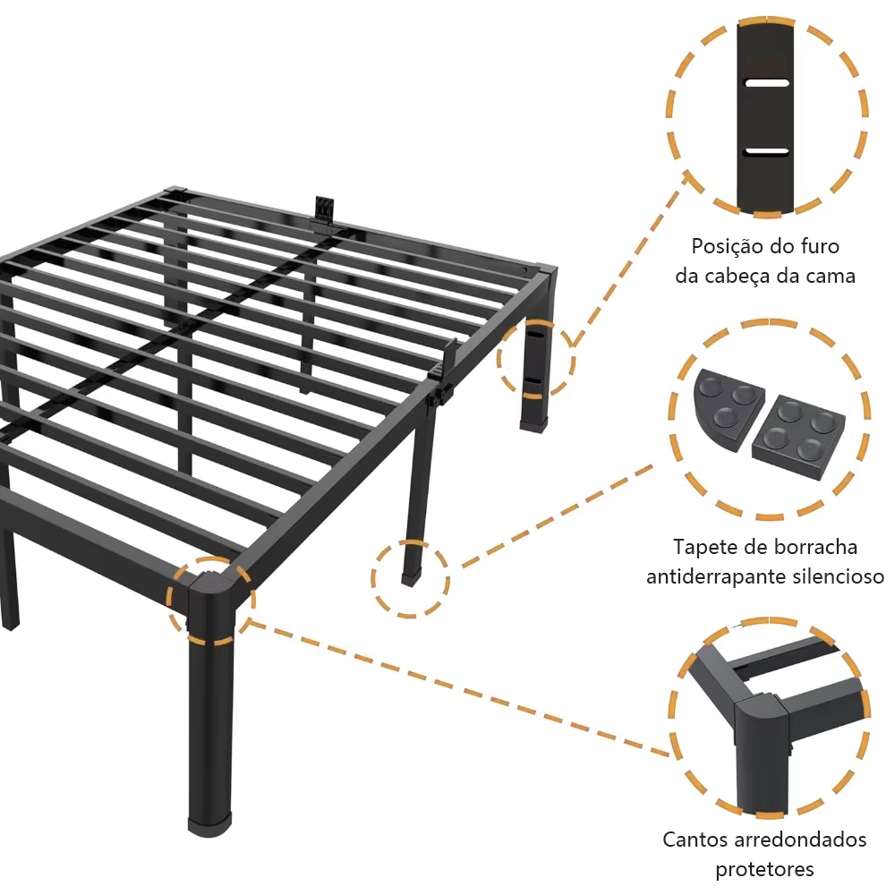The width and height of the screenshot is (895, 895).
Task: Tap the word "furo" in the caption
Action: pos(819,247)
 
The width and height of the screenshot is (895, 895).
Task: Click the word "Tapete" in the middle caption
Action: pos(704,548)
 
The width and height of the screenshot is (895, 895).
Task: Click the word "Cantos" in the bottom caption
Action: pos(695,840)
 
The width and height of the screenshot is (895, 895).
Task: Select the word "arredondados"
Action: pos(800,840)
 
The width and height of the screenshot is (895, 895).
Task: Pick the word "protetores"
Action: pos(765,869)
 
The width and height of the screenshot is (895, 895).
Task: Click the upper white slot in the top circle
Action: pos(767,83)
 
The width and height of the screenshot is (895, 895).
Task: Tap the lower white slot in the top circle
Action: pos(767,151)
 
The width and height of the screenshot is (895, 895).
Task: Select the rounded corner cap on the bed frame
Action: pos(210,600)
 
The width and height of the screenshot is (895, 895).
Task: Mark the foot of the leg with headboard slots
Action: pos(533,425)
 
